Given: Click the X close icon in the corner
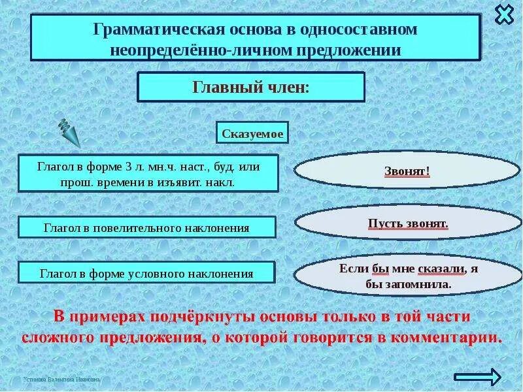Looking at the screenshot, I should (505, 14).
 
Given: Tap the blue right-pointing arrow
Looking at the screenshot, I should (477, 376).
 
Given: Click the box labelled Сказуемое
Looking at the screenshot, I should (252, 133).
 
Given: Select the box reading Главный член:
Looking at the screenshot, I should (250, 88).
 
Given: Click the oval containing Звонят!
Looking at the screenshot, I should (407, 172).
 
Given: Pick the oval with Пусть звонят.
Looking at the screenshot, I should (407, 223).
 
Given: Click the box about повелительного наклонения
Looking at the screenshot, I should (147, 228).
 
